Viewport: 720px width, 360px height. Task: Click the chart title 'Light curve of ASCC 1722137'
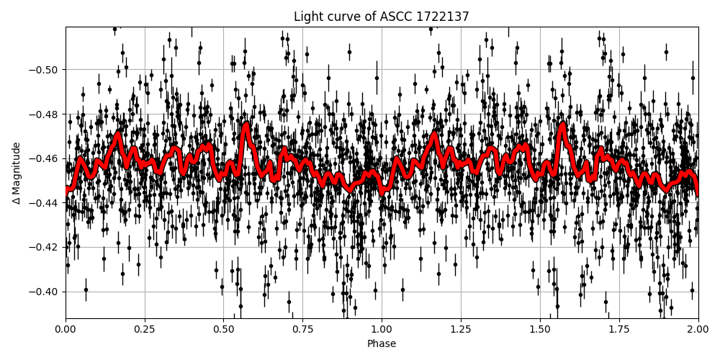(x=382, y=17)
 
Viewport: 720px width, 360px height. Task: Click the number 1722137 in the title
(x=443, y=17)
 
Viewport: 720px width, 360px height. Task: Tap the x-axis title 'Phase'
(x=382, y=344)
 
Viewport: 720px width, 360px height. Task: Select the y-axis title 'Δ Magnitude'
(x=17, y=173)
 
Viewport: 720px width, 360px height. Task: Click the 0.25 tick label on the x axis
(x=145, y=330)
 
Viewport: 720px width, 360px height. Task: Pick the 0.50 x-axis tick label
(x=223, y=330)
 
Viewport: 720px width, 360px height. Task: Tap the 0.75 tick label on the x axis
(x=302, y=330)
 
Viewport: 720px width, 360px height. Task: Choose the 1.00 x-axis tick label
(x=382, y=330)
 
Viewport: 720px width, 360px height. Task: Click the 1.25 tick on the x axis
(x=461, y=330)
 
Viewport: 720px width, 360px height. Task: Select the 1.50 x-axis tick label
(x=540, y=330)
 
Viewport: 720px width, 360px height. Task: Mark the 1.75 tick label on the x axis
(x=619, y=330)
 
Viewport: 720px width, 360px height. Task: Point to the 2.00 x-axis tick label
(x=698, y=330)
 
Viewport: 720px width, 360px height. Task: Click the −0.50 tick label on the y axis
(x=45, y=70)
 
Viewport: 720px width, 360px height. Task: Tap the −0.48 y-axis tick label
(x=45, y=114)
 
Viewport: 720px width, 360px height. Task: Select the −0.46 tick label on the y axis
(x=45, y=158)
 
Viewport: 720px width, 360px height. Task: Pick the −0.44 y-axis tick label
(x=45, y=203)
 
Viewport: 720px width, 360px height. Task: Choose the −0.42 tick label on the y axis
(x=45, y=248)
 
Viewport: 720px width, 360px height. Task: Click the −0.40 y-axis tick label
(x=45, y=292)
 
